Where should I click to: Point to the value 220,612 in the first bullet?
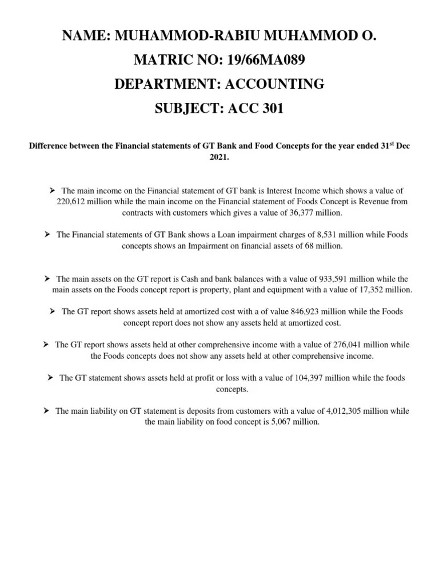[x=71, y=201]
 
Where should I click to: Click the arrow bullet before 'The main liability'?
[x=47, y=411]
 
